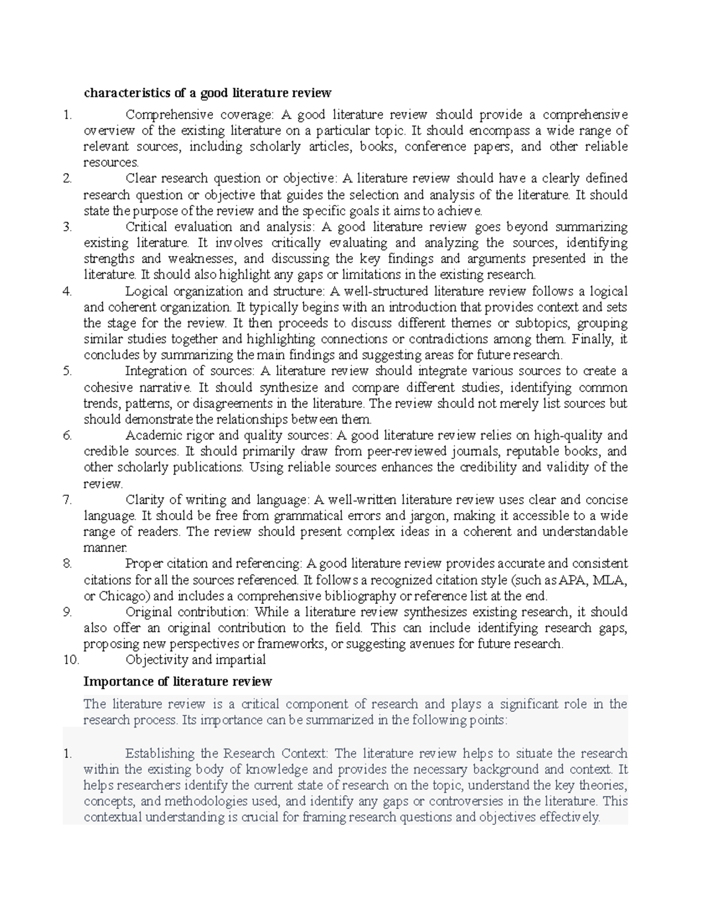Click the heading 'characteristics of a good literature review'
click(x=207, y=93)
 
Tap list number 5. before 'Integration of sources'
click(x=67, y=371)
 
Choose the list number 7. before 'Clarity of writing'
click(x=67, y=499)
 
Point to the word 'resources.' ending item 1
click(x=111, y=162)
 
